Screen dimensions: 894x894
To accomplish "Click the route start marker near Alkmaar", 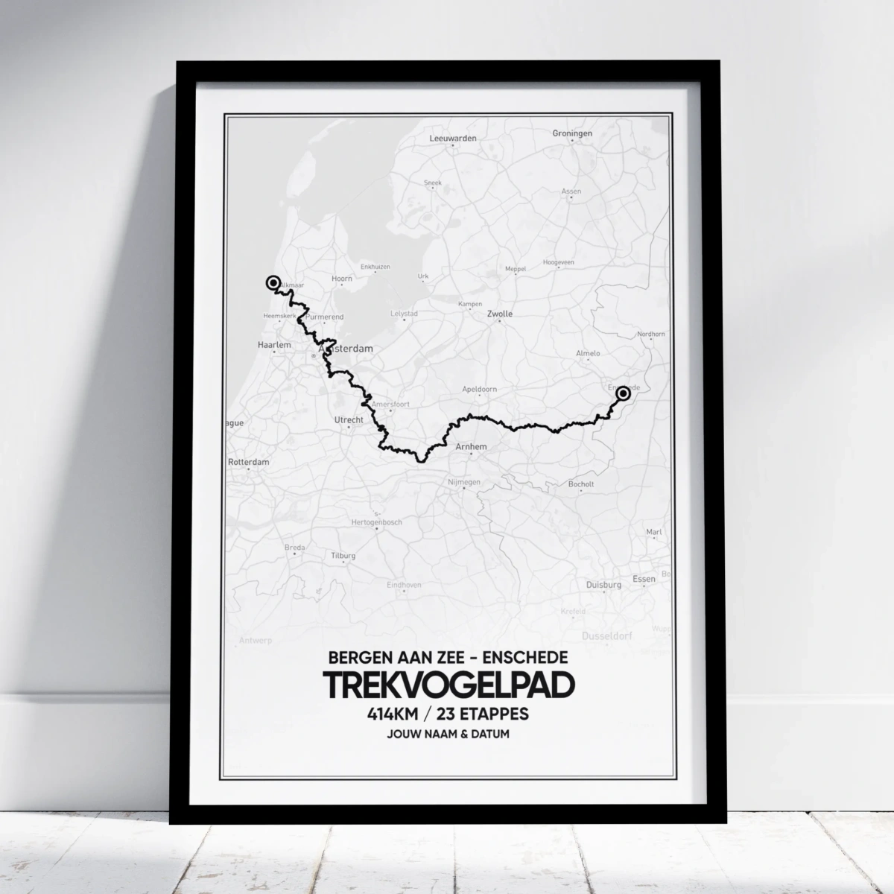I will [x=273, y=282].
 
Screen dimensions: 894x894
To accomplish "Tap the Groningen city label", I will [x=572, y=133].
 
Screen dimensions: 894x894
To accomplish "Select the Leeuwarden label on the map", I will [x=453, y=139].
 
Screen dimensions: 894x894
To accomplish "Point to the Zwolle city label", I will [x=499, y=314].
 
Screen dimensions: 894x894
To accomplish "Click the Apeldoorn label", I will [x=479, y=390].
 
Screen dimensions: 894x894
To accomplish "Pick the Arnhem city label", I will [x=471, y=447].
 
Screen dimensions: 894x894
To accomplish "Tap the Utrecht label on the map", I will [x=348, y=420].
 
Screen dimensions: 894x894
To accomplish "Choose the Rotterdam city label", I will [x=249, y=462].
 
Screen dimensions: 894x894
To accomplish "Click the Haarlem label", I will [x=272, y=346].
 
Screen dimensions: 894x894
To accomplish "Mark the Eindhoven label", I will [x=404, y=586].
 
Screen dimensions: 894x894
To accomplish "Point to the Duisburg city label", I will [x=603, y=586].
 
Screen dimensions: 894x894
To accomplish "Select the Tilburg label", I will [x=343, y=556].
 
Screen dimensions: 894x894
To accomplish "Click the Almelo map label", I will [x=588, y=353].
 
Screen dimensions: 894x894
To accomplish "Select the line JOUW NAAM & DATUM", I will [x=448, y=735].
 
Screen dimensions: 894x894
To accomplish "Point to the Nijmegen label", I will [x=464, y=483].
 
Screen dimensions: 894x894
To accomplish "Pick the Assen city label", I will [x=571, y=191].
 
